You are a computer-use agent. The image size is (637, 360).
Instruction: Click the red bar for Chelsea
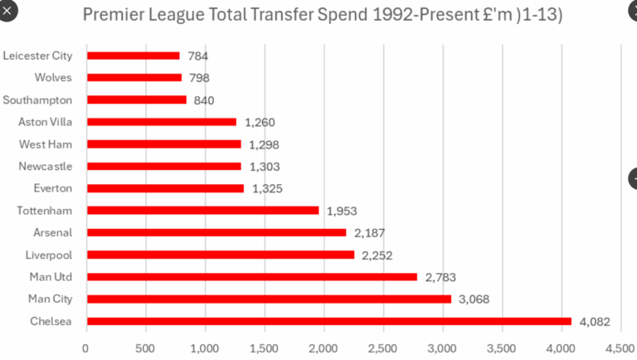click(x=328, y=321)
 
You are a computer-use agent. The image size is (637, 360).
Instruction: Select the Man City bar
click(x=269, y=299)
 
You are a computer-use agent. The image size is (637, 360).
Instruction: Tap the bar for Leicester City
click(x=133, y=56)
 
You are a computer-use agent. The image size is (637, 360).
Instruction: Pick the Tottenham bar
click(x=202, y=210)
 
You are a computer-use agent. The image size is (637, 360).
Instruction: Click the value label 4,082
click(x=596, y=321)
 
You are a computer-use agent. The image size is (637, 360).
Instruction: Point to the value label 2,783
click(x=440, y=277)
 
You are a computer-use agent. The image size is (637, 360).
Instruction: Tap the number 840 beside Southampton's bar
click(x=204, y=100)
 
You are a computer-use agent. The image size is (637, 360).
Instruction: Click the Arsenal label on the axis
click(x=52, y=231)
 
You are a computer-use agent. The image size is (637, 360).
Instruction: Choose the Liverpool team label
click(x=50, y=254)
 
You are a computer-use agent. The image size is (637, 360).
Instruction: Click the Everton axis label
click(x=51, y=187)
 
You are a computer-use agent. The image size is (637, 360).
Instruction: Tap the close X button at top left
click(x=7, y=13)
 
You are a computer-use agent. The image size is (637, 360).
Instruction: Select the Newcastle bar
click(x=163, y=166)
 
